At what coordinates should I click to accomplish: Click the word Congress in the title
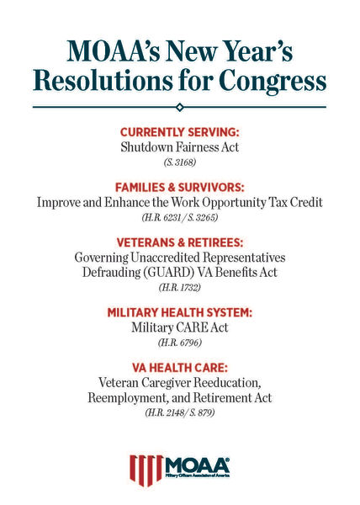pyautogui.click(x=273, y=81)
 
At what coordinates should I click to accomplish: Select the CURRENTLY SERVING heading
pyautogui.click(x=179, y=133)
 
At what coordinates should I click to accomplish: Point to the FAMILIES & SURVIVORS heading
pyautogui.click(x=179, y=189)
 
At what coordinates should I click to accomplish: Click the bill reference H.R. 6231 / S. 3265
pyautogui.click(x=179, y=220)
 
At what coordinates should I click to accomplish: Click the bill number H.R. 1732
pyautogui.click(x=179, y=289)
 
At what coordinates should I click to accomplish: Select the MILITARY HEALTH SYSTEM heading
pyautogui.click(x=179, y=312)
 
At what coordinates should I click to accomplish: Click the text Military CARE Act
pyautogui.click(x=179, y=327)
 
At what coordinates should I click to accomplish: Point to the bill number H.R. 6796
pyautogui.click(x=179, y=343)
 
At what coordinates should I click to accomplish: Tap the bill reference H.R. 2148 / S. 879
pyautogui.click(x=179, y=413)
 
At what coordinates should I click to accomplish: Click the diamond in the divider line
pyautogui.click(x=179, y=106)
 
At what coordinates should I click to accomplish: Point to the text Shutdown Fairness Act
pyautogui.click(x=179, y=148)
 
